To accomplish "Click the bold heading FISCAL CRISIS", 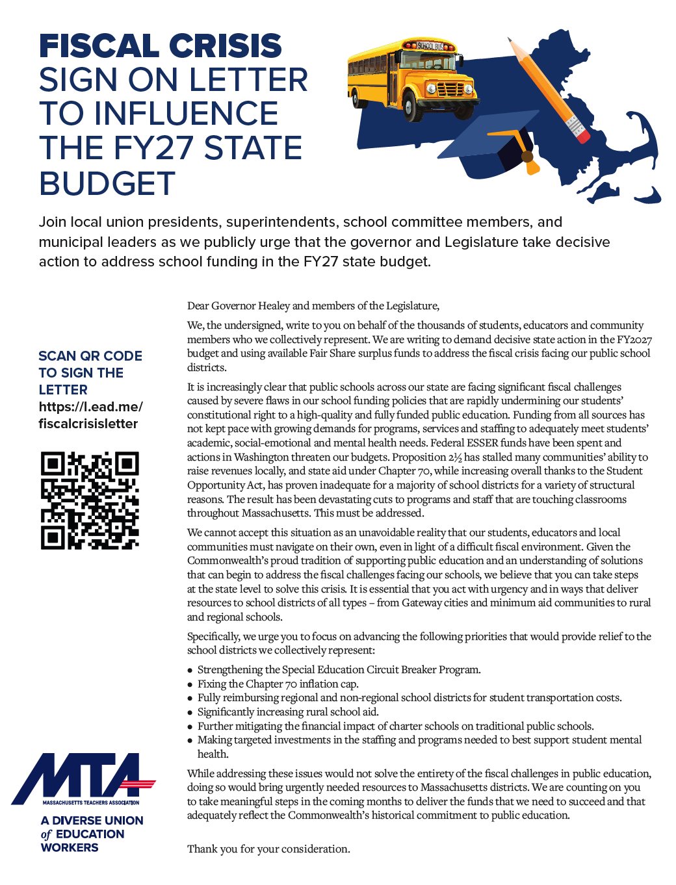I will (x=160, y=46).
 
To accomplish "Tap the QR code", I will (x=90, y=500).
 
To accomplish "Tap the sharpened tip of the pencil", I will (x=511, y=40).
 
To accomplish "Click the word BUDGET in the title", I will (x=107, y=183).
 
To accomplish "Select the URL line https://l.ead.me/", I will (x=90, y=407).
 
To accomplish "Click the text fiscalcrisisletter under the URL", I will (x=88, y=424).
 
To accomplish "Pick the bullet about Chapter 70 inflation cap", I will (x=278, y=684).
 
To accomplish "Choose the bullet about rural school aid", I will (x=287, y=712).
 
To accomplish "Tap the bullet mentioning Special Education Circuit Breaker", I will (x=339, y=669).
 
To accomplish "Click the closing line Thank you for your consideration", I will (x=268, y=849).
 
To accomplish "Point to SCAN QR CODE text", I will (x=90, y=356).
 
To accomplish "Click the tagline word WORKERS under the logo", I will (x=70, y=847).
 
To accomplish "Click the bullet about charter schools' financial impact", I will (x=395, y=726).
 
